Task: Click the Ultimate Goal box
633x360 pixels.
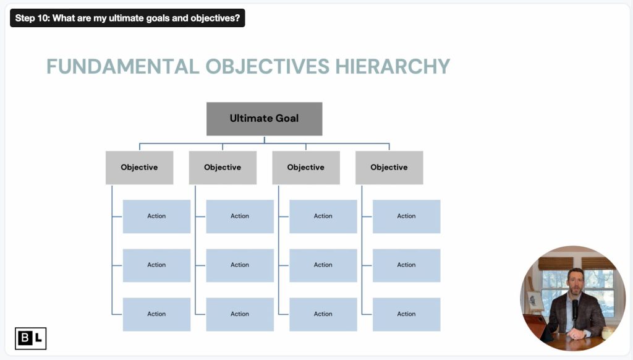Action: (265, 119)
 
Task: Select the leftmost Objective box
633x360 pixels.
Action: (139, 168)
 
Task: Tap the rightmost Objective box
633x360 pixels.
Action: (389, 168)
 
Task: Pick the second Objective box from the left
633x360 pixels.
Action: (223, 168)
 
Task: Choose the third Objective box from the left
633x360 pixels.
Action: (306, 168)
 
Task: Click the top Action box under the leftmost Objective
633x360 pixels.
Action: (156, 216)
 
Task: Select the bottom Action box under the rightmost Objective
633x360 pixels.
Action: (407, 314)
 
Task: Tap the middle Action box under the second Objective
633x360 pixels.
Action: (240, 265)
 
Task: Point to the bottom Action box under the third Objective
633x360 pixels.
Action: (323, 314)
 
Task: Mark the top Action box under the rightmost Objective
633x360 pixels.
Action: (407, 216)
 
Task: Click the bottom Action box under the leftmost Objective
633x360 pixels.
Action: (156, 314)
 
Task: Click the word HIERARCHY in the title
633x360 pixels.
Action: (393, 67)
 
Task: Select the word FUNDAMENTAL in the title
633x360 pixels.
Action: (123, 67)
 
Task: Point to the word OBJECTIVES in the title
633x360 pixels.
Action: (268, 67)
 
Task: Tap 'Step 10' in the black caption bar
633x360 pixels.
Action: (32, 18)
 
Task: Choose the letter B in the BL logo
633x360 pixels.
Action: (25, 338)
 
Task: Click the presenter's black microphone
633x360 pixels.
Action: (575, 311)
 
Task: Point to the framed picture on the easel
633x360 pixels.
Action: (535, 301)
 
